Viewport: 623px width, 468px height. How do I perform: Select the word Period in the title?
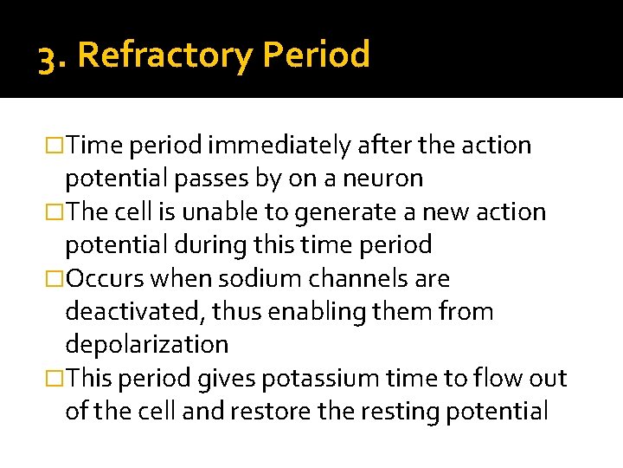point(316,55)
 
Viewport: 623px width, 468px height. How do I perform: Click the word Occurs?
point(107,279)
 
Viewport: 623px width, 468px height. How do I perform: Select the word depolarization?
point(146,345)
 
